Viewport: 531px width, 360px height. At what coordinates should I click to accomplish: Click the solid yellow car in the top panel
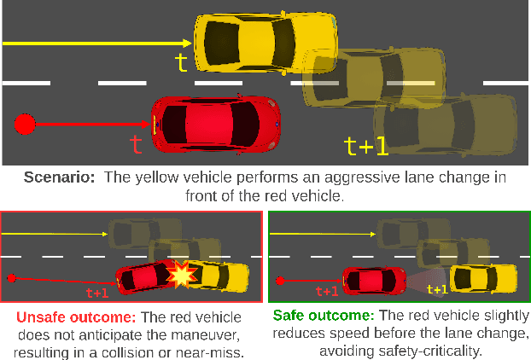[248, 41]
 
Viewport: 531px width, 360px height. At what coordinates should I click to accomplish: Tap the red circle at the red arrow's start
[25, 125]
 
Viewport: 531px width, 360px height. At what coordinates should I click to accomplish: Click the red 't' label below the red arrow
[136, 144]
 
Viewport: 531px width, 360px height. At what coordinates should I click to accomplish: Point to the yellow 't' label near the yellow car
[181, 61]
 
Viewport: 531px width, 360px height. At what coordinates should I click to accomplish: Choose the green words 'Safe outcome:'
[324, 316]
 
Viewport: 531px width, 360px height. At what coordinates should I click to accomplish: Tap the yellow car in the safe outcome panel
[483, 277]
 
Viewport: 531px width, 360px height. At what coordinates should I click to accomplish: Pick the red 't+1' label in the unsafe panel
[97, 293]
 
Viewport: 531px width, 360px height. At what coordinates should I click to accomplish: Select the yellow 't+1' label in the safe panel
[437, 290]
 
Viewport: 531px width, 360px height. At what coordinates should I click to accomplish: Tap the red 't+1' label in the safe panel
[327, 291]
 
